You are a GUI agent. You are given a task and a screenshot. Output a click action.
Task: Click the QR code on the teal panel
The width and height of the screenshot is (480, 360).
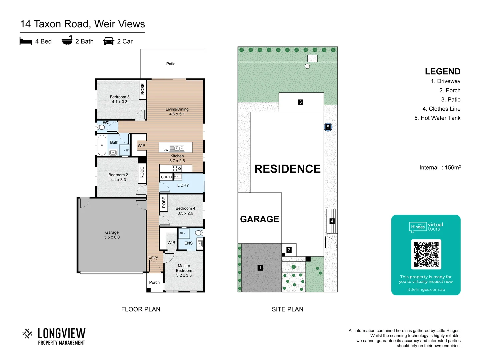pos(426,254)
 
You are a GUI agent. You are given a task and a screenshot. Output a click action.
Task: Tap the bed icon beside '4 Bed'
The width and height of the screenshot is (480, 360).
pos(26,41)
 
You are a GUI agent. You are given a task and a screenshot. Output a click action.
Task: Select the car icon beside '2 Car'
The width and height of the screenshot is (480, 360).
pos(109,41)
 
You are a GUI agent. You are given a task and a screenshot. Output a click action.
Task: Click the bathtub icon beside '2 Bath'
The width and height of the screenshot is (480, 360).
pos(67,40)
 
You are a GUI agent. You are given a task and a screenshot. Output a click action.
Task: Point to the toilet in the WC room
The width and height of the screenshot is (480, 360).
pos(101,127)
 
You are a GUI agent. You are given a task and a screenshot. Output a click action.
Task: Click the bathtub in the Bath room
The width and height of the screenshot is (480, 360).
pos(102,145)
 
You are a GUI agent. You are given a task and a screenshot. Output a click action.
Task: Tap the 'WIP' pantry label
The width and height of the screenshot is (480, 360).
pos(141,146)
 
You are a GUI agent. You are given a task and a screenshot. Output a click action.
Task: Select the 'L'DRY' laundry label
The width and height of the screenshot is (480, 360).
pos(183,185)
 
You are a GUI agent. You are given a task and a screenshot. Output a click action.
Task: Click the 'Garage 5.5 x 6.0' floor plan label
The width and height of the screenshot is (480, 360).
pos(112,235)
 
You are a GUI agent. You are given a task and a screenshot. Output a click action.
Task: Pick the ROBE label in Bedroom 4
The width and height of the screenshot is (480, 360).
pos(164,202)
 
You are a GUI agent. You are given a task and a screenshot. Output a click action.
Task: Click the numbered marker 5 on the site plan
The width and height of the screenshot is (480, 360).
pos(328,127)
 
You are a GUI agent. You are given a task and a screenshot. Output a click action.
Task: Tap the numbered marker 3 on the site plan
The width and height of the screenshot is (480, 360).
pos(300,102)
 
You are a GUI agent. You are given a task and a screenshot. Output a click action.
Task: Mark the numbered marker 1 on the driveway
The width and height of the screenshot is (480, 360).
pos(260,268)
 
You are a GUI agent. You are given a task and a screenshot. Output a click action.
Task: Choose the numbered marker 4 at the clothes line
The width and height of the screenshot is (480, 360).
pos(332,221)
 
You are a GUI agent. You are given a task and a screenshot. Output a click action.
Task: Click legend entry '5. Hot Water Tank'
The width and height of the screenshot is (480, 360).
pos(437,118)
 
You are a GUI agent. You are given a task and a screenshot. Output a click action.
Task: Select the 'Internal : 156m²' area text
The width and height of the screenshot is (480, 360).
pos(440,168)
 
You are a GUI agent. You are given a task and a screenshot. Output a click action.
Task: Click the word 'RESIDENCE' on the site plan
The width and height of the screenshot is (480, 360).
pos(287,169)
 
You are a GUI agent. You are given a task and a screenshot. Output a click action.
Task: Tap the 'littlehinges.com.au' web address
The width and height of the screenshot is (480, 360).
pos(426,289)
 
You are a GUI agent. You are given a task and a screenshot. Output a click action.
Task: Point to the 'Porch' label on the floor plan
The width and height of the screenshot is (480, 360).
pos(154,282)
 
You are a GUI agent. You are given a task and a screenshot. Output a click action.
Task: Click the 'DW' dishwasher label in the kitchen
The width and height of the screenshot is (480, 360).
pos(166,150)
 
